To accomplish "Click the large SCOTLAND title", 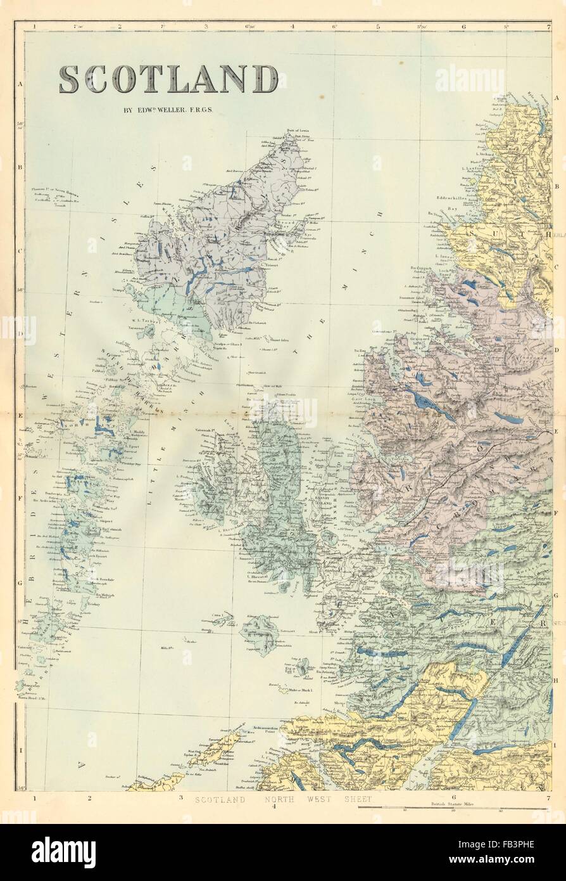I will point(168,79).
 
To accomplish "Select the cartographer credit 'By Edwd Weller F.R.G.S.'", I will point(168,109).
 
